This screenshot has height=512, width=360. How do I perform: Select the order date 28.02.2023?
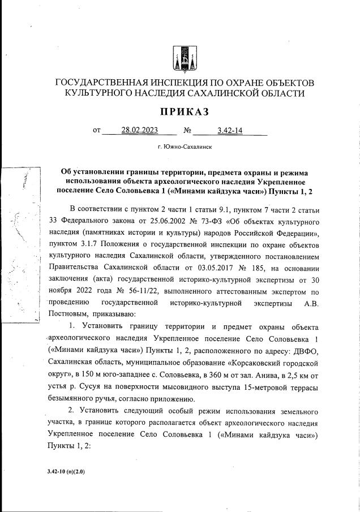[x=139, y=131]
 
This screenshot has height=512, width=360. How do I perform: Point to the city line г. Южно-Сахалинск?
[x=185, y=147]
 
